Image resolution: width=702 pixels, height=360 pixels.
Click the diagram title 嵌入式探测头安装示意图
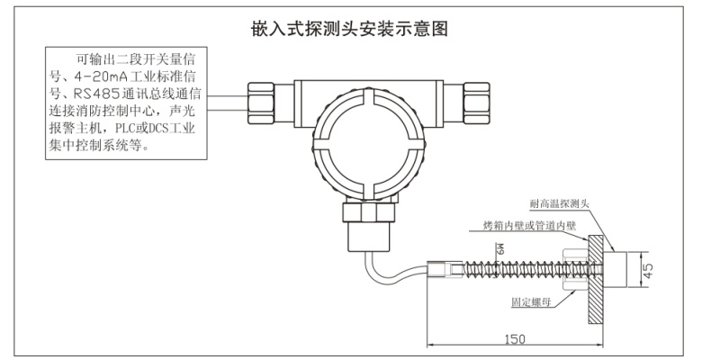[x=350, y=30]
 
